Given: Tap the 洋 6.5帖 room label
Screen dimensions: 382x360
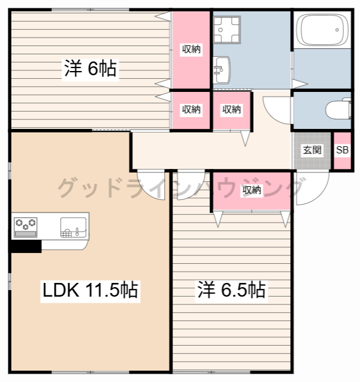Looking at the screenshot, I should (232, 291).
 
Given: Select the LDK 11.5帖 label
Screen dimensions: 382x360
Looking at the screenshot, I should (90, 291).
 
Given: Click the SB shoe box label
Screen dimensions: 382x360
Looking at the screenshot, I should (342, 150).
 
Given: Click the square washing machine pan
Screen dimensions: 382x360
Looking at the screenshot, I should (227, 28).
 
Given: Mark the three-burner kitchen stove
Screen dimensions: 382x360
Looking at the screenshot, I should (25, 224).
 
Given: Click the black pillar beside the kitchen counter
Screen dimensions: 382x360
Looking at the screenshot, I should (25, 246).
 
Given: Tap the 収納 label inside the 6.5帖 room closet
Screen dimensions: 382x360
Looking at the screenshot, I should (252, 190).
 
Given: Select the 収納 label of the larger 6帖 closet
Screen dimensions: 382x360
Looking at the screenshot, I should (191, 50).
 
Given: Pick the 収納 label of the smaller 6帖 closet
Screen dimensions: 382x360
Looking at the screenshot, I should (191, 110).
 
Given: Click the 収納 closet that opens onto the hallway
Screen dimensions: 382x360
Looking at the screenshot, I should (232, 110).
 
